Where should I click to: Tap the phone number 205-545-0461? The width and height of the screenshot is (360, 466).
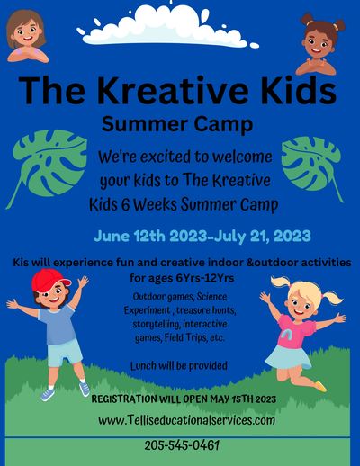pyautogui.click(x=182, y=445)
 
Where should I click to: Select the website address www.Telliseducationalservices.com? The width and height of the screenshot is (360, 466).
pyautogui.click(x=186, y=420)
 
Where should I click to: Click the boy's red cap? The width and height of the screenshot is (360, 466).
pyautogui.click(x=49, y=280)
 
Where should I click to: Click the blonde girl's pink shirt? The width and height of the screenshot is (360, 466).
pyautogui.click(x=295, y=331)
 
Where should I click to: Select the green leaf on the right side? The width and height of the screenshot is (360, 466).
pyautogui.click(x=312, y=165)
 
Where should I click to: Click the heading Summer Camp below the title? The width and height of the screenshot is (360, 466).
pyautogui.click(x=177, y=124)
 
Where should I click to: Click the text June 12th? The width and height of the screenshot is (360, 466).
pyautogui.click(x=130, y=237)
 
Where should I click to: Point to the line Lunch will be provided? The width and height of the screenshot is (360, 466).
pyautogui.click(x=179, y=366)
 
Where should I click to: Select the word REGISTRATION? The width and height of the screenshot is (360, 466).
pyautogui.click(x=124, y=399)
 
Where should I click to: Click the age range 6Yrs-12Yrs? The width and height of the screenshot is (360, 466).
pyautogui.click(x=205, y=278)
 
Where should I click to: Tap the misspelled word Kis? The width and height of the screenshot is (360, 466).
pyautogui.click(x=21, y=263)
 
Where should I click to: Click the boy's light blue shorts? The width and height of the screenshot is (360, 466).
pyautogui.click(x=65, y=353)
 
